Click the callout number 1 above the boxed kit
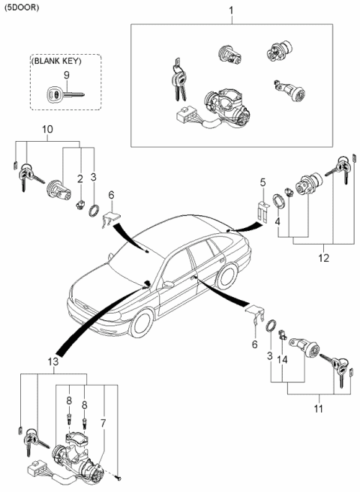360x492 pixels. point(230,12)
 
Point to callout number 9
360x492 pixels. point(66,75)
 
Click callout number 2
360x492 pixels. point(79,178)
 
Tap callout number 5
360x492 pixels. point(262,181)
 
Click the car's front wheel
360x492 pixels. point(140,323)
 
